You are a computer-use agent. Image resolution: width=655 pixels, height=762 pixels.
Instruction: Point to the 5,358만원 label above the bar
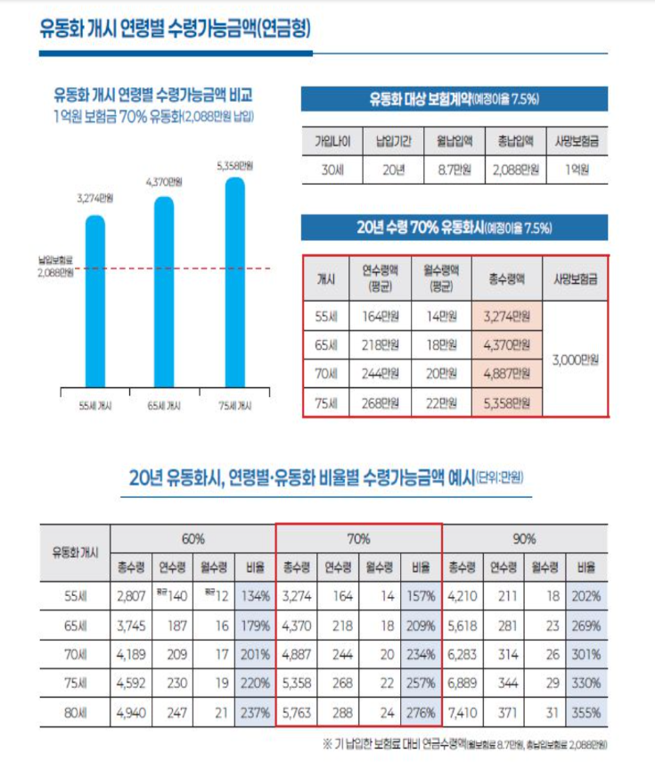click(234, 166)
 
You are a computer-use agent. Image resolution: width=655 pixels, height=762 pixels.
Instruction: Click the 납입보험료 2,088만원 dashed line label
click(54, 267)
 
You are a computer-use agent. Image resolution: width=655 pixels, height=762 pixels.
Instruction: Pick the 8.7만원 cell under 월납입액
click(454, 168)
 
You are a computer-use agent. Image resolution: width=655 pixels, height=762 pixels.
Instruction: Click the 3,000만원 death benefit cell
click(575, 359)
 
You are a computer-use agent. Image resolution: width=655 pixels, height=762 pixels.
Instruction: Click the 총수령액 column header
click(506, 278)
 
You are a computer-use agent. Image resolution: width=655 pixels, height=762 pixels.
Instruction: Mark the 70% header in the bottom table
click(358, 539)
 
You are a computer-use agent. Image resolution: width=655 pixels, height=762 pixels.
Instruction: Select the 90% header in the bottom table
click(525, 539)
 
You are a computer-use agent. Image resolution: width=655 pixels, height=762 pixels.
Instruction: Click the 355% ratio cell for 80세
click(585, 713)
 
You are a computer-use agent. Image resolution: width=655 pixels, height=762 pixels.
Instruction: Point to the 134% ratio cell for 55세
click(253, 596)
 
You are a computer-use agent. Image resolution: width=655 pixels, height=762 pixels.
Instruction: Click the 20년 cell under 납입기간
click(389, 168)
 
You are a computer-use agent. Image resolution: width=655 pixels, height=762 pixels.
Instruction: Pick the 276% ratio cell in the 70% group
click(420, 713)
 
